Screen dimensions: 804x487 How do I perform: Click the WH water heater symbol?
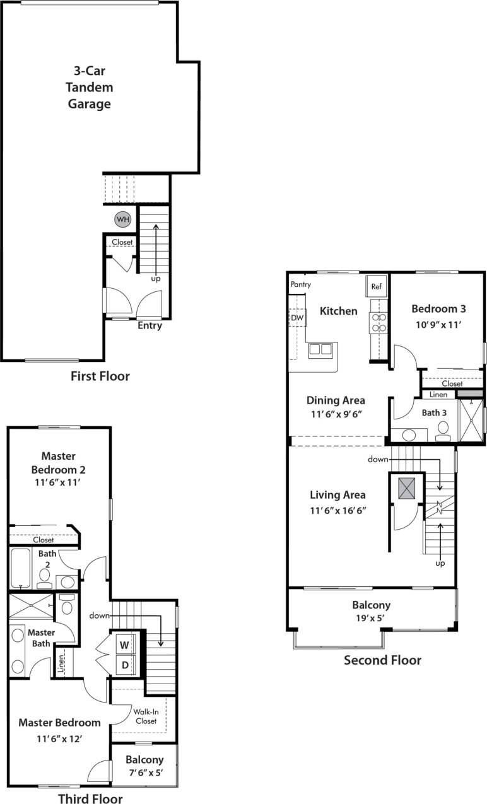[x=122, y=219]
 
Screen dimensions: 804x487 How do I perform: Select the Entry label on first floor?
[x=150, y=326]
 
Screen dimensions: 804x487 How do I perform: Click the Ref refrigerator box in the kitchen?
[x=377, y=286]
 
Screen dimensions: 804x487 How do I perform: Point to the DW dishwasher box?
[x=297, y=318]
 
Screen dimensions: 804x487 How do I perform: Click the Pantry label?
[x=301, y=284]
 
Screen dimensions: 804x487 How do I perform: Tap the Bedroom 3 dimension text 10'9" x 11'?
[x=438, y=326]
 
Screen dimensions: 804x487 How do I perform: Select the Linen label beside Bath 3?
[x=438, y=395]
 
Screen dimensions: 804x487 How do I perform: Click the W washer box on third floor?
[x=124, y=645]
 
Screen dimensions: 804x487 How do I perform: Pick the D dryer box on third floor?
[x=124, y=665]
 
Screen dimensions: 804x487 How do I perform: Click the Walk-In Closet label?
[x=146, y=716]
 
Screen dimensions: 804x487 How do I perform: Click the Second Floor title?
[x=382, y=660]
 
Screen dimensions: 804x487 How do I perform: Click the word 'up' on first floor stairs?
[x=155, y=277]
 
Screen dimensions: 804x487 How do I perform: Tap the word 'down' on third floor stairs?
[x=100, y=615]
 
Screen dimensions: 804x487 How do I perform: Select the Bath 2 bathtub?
[x=21, y=568]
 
